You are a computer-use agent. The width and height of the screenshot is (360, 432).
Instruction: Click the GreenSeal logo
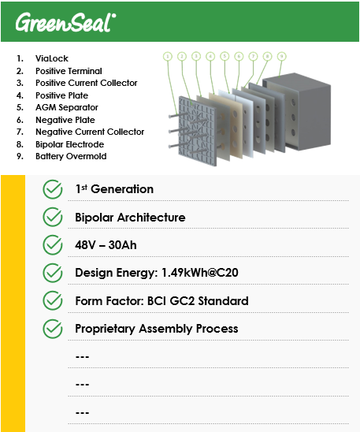[65, 22]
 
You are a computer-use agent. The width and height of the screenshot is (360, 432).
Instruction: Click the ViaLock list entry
[52, 58]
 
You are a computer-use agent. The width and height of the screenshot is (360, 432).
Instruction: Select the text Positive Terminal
[69, 71]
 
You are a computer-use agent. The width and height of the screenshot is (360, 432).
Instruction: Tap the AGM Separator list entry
[67, 107]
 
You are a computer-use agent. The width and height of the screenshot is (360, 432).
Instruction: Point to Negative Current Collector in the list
[90, 132]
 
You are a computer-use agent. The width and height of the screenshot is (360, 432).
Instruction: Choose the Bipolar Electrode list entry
[69, 144]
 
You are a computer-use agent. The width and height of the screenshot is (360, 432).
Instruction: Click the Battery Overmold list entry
[71, 156]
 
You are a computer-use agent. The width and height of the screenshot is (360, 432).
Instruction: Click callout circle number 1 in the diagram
[168, 57]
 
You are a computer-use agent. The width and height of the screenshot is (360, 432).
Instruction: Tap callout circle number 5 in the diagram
[225, 56]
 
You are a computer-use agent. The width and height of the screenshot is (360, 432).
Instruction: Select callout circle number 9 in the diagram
[281, 56]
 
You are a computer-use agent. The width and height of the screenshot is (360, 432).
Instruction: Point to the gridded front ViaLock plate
[197, 131]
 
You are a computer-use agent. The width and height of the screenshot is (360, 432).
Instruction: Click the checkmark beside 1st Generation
[53, 189]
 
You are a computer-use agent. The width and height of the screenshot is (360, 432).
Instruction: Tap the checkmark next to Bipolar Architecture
[53, 217]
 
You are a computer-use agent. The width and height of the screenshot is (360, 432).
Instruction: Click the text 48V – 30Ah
[106, 245]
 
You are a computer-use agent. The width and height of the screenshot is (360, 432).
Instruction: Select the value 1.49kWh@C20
[200, 273]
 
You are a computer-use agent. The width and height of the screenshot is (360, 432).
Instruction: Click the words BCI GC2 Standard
[198, 301]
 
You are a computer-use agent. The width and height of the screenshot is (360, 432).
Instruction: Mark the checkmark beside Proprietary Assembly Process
[53, 329]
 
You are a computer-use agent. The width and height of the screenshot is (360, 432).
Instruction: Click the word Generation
[122, 189]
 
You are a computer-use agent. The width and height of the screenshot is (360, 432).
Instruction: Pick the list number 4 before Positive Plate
[20, 95]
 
